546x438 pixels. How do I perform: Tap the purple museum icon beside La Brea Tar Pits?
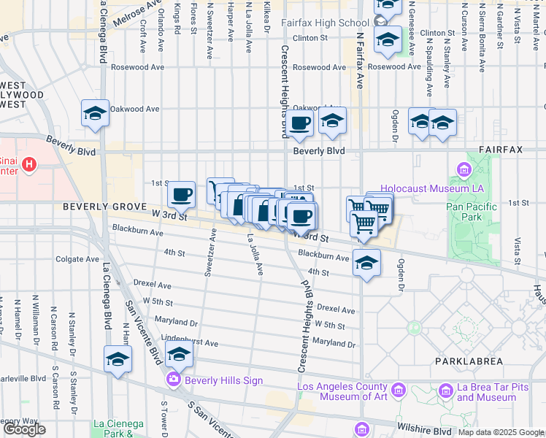[443, 391]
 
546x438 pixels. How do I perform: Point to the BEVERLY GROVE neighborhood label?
[106, 207]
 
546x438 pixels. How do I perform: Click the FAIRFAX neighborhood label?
[501, 150]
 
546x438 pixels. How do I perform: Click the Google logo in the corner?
[24, 429]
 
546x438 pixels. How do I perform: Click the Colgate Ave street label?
[77, 258]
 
